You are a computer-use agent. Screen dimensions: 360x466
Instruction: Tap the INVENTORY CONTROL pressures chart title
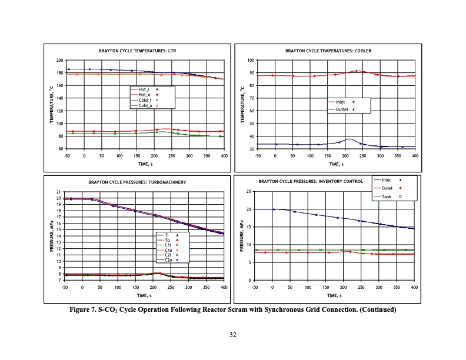click(x=311, y=181)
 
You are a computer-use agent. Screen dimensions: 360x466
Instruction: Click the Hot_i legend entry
click(x=144, y=89)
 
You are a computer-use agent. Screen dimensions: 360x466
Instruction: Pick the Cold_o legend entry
click(x=144, y=105)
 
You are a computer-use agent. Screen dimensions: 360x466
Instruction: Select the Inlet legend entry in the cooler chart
click(x=341, y=102)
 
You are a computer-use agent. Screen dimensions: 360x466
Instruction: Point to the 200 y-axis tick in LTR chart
click(x=59, y=61)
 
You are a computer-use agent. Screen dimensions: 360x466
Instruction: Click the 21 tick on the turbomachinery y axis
click(x=58, y=192)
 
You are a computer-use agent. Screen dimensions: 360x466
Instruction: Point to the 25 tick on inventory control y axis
click(x=248, y=192)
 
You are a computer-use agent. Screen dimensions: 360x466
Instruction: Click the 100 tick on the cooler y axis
click(x=249, y=61)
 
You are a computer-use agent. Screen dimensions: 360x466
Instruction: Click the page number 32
click(x=233, y=335)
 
